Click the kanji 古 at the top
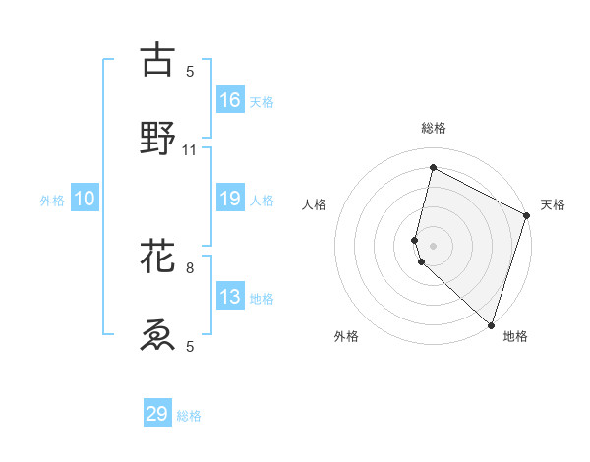157,60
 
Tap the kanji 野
157,138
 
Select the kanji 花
157,259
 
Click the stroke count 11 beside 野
190,149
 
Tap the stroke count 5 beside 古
190,71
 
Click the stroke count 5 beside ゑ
190,346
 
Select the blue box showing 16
230,100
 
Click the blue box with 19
230,199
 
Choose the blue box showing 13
230,297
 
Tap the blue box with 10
85,199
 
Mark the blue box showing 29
157,414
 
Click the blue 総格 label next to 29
190,416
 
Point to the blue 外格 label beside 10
52,201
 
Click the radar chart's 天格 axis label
553,204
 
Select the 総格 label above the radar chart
434,128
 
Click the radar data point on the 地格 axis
491,324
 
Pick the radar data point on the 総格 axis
433,167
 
